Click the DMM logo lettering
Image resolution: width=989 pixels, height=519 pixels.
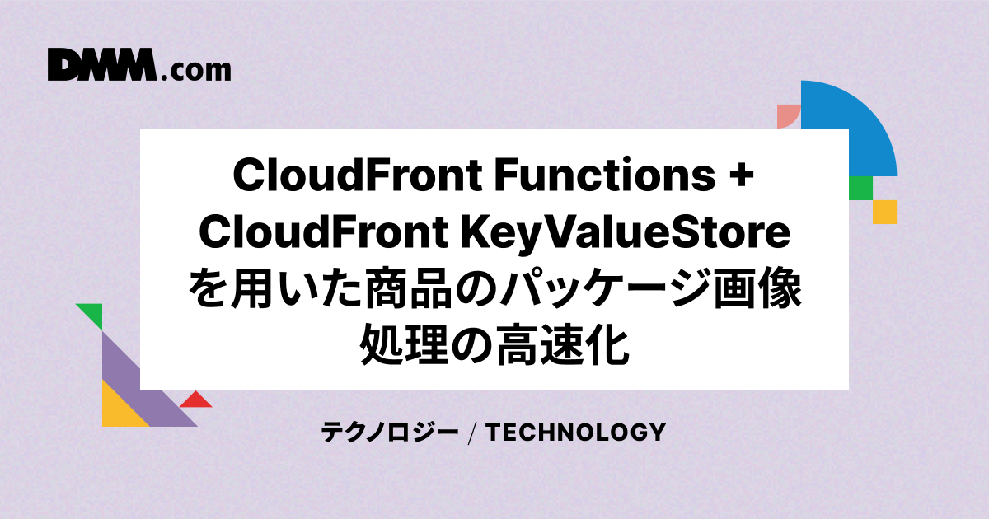[102, 64]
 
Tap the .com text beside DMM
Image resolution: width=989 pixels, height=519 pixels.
[196, 71]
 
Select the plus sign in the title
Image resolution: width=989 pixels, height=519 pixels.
[741, 175]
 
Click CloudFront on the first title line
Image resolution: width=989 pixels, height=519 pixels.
[358, 175]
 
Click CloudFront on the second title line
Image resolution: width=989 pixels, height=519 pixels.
[324, 231]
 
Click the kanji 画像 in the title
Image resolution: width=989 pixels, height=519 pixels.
[757, 288]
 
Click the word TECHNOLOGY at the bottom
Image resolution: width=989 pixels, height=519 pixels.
[576, 432]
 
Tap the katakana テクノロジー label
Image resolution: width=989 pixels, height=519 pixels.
[390, 432]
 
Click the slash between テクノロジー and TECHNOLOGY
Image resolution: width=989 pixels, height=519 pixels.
[472, 433]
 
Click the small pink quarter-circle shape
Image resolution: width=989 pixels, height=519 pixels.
[787, 115]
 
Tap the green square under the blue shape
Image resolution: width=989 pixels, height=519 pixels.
[861, 188]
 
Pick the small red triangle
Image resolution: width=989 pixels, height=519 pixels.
[196, 400]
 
